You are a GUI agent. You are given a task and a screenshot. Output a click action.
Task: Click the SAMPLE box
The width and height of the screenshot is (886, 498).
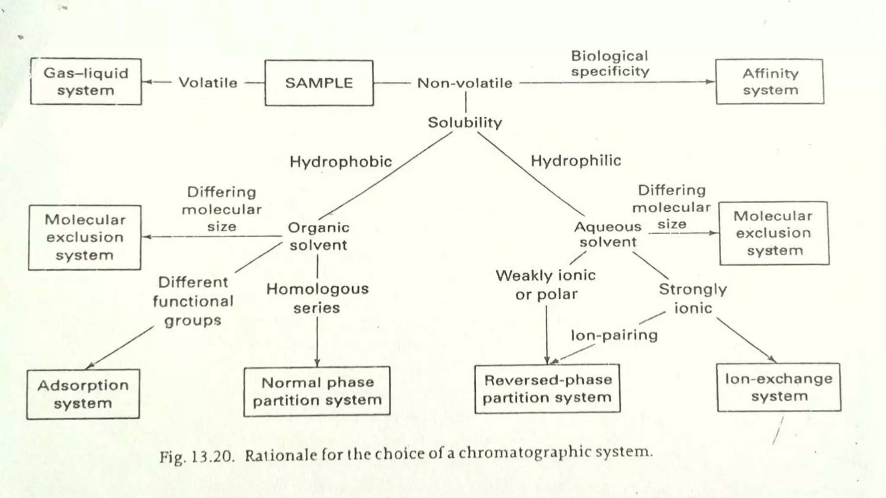tap(319, 83)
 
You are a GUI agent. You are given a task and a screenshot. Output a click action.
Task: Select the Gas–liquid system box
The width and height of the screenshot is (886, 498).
tap(86, 82)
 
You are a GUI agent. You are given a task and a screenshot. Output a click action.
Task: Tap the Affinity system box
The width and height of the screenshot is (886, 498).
tap(770, 82)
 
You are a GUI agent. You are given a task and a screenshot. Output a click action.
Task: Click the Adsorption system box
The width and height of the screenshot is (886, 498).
tap(83, 394)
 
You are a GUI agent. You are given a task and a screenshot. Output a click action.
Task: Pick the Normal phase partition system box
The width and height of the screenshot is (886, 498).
tap(317, 391)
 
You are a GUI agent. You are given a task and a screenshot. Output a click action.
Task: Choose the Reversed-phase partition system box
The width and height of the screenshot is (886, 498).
tap(547, 389)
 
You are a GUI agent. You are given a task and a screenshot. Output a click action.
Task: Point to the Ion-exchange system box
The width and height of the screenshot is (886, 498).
tap(779, 387)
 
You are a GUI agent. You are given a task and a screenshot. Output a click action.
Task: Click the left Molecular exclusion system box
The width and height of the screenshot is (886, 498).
tap(85, 237)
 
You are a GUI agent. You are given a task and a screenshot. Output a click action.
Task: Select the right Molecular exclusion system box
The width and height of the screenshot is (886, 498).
tap(774, 233)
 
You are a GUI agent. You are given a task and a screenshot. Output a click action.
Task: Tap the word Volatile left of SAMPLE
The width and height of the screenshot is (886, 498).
tap(208, 83)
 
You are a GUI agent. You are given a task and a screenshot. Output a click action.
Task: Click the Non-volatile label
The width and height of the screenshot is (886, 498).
tap(465, 83)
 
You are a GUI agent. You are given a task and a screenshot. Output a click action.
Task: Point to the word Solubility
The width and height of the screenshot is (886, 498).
tap(465, 122)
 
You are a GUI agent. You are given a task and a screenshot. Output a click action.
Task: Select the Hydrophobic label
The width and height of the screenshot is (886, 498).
tap(340, 162)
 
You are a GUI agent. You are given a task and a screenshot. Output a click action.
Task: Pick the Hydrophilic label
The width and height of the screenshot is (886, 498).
tap(576, 161)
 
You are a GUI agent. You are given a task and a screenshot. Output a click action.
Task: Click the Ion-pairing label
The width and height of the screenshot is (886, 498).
tap(614, 335)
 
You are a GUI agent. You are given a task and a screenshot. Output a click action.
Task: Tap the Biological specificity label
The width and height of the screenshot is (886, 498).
tap(610, 63)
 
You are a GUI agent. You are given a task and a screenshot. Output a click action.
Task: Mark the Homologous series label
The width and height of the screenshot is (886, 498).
tap(317, 298)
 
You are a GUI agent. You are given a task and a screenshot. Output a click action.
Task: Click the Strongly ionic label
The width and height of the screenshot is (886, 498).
tap(693, 298)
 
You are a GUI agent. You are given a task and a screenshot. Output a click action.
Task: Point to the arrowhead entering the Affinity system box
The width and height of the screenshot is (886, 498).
tap(711, 82)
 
